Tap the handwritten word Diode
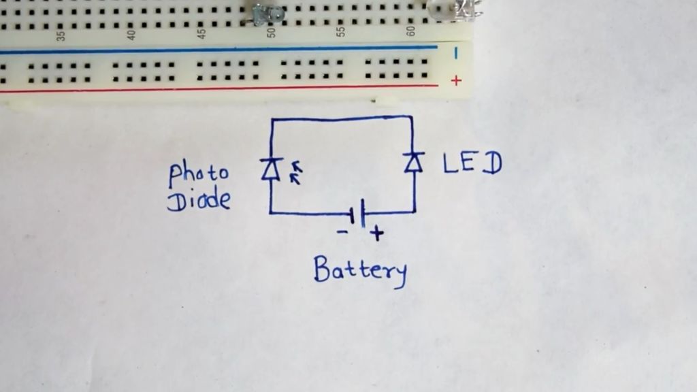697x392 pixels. pos(198,200)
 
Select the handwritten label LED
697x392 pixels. pos(472,164)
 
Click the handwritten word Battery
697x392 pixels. pos(360,270)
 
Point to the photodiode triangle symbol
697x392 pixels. pos(272,169)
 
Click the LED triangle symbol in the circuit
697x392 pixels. pos(412,163)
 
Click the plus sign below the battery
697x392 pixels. pos(376,234)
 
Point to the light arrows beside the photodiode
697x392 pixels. pos(295,173)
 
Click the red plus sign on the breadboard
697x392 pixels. pos(456,80)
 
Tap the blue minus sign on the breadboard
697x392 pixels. pos(456,51)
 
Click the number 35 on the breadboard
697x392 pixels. pos(61,34)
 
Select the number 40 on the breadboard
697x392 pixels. pos(131,33)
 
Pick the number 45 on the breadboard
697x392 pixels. pos(201,33)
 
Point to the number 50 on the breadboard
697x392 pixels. pos(272,32)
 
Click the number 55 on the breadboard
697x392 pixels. pos(341,31)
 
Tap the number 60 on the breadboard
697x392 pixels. pos(410,31)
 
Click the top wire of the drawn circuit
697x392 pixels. pos(340,118)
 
